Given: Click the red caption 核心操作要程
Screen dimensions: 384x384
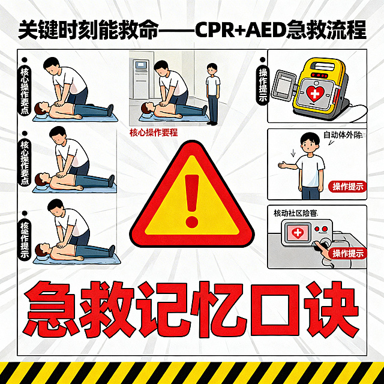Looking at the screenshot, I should [153, 133].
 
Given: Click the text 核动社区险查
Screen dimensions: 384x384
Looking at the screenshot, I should [295, 212].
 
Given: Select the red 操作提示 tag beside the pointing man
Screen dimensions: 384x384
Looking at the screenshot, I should [348, 186].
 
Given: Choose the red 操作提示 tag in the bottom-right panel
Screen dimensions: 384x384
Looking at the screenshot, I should [348, 253].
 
